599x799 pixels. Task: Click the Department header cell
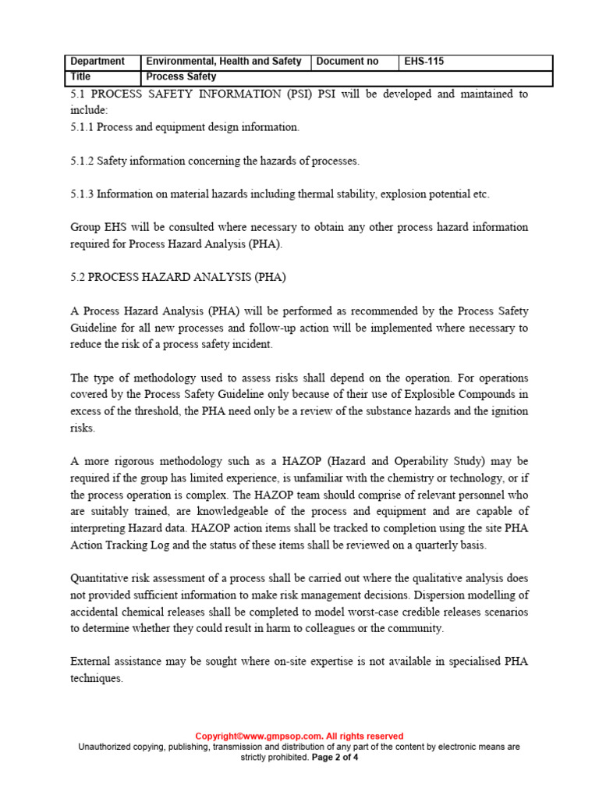(x=97, y=62)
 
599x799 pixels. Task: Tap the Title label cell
(x=81, y=77)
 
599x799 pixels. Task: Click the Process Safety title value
(x=181, y=77)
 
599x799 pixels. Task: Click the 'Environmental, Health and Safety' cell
(x=224, y=62)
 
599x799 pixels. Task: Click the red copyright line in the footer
(x=299, y=736)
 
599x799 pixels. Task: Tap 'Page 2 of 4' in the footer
(x=335, y=757)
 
